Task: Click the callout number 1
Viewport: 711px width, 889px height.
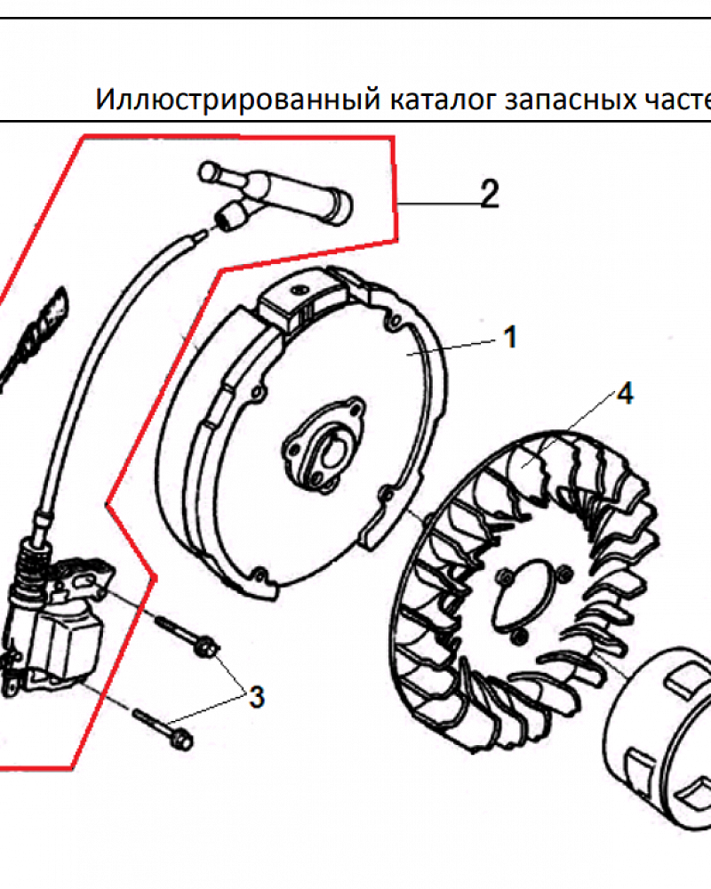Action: (510, 337)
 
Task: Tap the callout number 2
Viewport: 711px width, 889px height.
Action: (490, 193)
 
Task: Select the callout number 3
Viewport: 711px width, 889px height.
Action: (258, 696)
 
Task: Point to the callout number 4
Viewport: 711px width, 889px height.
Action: (625, 393)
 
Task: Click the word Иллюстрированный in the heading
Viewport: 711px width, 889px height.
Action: (238, 100)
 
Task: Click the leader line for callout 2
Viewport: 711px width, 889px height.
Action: (438, 204)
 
